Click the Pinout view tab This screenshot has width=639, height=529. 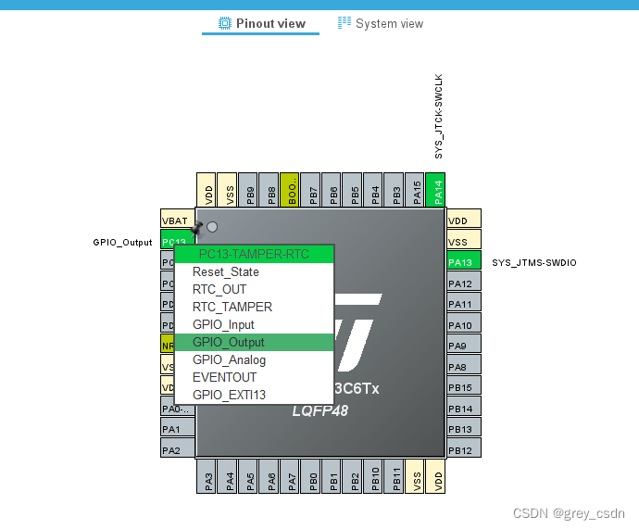click(x=261, y=23)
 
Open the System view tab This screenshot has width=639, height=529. click(x=381, y=23)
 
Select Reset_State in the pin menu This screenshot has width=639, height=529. click(x=225, y=272)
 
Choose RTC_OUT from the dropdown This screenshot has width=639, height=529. click(x=219, y=290)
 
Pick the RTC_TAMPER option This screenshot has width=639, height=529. click(x=232, y=308)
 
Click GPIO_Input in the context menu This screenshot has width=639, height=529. click(x=223, y=325)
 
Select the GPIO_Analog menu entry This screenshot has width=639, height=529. click(x=229, y=360)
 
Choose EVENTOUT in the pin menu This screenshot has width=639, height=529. click(x=224, y=378)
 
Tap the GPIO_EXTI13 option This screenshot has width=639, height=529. click(x=229, y=396)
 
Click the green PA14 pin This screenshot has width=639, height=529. click(x=436, y=191)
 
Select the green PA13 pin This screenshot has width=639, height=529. click(x=464, y=262)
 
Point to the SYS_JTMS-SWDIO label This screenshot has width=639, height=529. click(x=533, y=263)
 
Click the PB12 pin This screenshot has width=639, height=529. click(x=464, y=450)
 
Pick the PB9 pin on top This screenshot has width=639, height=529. click(x=250, y=191)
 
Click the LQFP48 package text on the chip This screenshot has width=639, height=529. click(x=320, y=410)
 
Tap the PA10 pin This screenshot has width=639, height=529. click(x=464, y=325)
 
